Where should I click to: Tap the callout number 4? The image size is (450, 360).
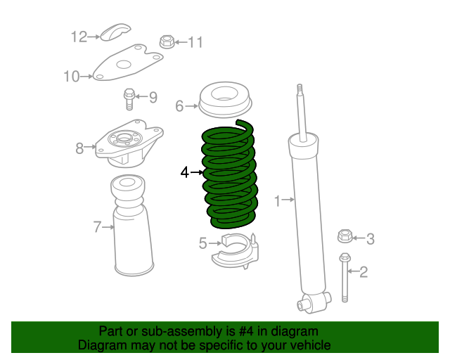(x=184, y=172)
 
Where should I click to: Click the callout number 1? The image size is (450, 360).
(x=277, y=202)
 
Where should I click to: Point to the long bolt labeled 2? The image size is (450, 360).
(x=345, y=278)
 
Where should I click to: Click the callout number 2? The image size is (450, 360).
(x=364, y=272)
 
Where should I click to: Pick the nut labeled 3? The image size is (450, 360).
(x=345, y=236)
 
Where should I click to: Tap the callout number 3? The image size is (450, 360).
(x=370, y=240)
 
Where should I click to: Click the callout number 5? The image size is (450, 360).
(x=202, y=243)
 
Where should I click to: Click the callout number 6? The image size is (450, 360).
(x=179, y=106)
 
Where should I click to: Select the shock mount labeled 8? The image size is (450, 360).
(x=128, y=141)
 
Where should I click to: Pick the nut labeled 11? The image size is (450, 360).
(x=167, y=41)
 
